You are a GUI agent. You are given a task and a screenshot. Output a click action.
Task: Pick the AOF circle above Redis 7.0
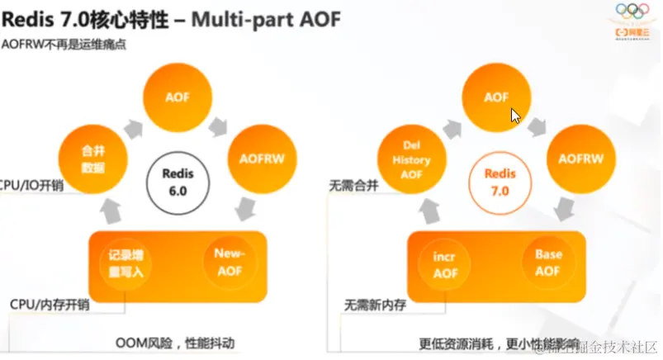(495, 97)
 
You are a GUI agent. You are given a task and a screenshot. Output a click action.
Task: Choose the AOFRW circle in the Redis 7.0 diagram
(575, 158)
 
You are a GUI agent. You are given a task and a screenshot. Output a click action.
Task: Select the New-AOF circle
(234, 260)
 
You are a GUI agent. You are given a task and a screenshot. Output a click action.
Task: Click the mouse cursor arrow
(514, 116)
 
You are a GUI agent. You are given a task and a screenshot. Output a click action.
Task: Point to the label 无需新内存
(372, 305)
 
